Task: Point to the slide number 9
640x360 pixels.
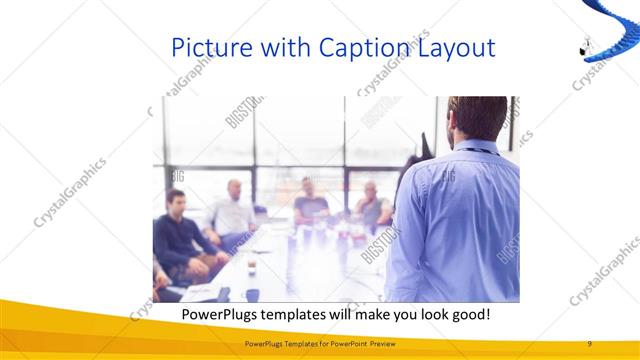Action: (590, 343)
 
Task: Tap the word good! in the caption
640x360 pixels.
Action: (466, 314)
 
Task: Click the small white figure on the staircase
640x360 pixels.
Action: (586, 45)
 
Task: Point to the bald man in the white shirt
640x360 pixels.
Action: (233, 211)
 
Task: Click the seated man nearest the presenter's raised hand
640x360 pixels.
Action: (373, 205)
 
